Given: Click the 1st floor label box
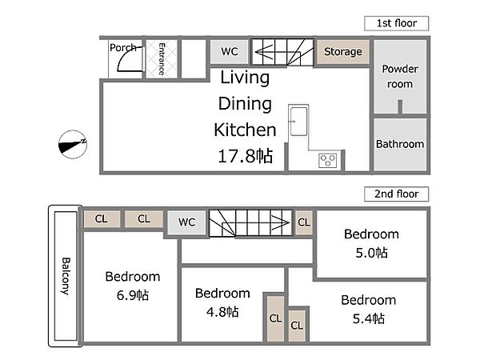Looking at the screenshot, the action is (397, 23).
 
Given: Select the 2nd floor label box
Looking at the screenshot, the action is (397, 194).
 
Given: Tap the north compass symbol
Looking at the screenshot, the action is (73, 145).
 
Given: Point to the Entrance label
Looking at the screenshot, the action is (162, 59).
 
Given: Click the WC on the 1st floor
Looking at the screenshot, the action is (230, 51).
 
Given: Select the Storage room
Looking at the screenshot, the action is (343, 52).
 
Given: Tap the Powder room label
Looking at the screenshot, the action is (400, 76).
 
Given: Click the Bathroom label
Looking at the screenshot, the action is (400, 144).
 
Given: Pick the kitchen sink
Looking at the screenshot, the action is (298, 122).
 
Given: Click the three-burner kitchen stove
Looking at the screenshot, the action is (327, 161).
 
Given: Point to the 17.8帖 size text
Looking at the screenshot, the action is (246, 156).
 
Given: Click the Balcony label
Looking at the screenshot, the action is (66, 276).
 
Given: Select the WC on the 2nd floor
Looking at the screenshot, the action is (186, 222).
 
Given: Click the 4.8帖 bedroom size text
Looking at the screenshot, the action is (222, 312).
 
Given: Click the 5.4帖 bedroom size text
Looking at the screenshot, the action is (369, 318).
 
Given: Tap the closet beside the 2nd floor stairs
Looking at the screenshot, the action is (304, 222).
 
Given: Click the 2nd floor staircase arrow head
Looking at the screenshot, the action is (281, 223).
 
